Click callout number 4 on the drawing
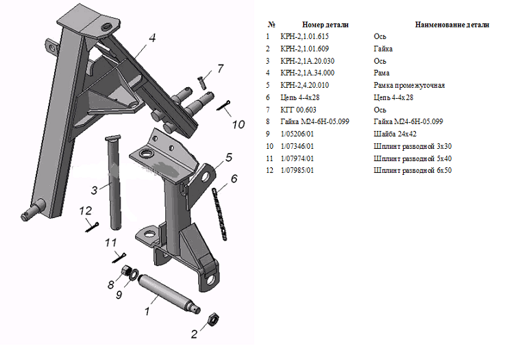click(x=152, y=38)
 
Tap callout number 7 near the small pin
click(x=220, y=68)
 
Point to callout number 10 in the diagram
click(x=238, y=124)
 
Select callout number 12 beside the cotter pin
click(x=86, y=211)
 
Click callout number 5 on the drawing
click(x=229, y=158)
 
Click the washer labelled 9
click(x=134, y=274)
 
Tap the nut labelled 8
click(x=125, y=270)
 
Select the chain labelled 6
click(x=219, y=215)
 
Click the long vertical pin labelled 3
click(x=113, y=182)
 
